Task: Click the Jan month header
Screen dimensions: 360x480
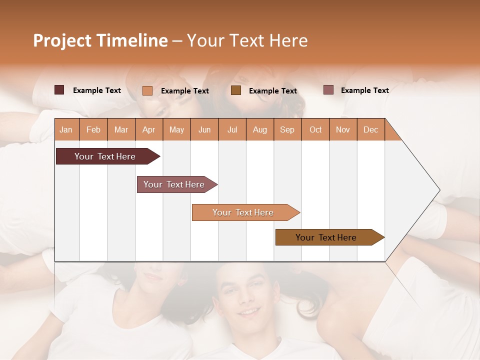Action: pos(66,129)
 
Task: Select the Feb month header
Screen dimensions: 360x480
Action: pos(93,129)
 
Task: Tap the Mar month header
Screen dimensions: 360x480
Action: pos(121,129)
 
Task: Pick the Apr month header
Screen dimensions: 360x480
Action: pos(149,129)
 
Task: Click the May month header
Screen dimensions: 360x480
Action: pos(176,129)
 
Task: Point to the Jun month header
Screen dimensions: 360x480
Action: pos(204,129)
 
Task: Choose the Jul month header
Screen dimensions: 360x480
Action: pos(232,129)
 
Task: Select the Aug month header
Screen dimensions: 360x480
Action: pos(260,129)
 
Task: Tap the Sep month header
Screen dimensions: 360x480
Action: pos(287,129)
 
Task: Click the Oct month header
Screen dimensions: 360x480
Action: pos(315,129)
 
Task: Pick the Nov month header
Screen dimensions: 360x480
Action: pos(343,129)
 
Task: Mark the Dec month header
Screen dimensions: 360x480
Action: pos(371,129)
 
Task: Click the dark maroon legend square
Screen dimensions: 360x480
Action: pos(59,90)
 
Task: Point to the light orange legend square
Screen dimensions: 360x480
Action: pos(147,90)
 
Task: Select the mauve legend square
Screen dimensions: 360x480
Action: pos(328,90)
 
